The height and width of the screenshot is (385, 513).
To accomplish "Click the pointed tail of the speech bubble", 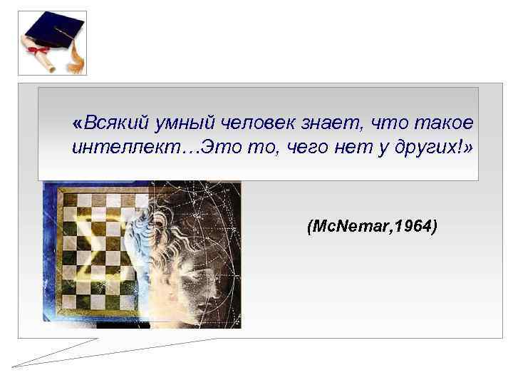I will (x=21, y=364).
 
